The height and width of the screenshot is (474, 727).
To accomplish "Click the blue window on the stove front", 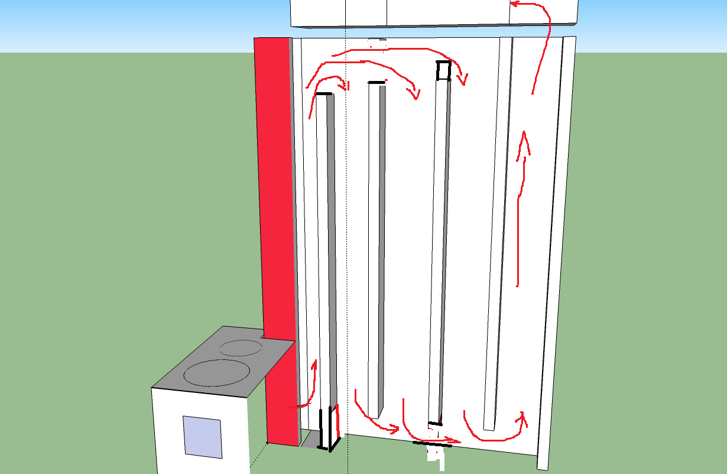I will [x=202, y=436].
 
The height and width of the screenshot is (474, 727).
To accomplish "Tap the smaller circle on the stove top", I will [x=240, y=348].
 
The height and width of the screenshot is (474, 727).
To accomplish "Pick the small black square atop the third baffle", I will [x=443, y=70].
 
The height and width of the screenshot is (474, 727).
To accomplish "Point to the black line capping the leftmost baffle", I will [x=324, y=93].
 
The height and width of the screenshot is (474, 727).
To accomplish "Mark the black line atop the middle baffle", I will [x=377, y=82].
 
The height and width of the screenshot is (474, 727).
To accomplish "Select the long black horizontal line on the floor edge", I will [x=432, y=443].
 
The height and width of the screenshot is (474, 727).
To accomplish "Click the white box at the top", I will [x=434, y=12].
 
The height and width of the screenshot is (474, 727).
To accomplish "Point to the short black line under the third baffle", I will [x=435, y=423].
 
